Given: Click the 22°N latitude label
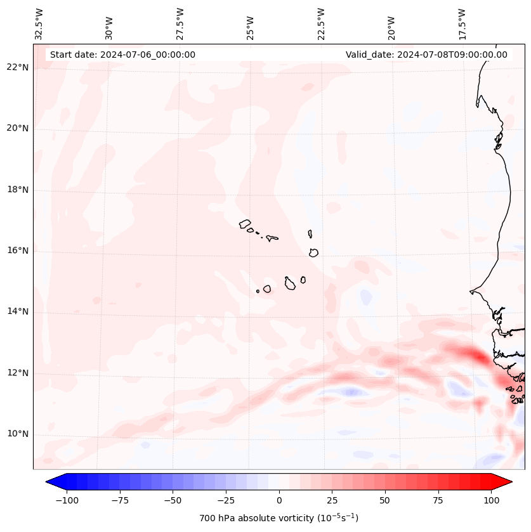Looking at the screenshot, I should coord(17,67).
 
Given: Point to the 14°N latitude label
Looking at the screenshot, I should coord(17,311).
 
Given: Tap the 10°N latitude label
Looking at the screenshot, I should coord(17,434).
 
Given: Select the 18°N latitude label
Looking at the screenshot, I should coord(17,190).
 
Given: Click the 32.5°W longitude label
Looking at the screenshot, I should coord(39,23).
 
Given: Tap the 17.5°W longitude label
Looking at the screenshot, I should coord(462,23).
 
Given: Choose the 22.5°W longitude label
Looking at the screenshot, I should coord(321,23).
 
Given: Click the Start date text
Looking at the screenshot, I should coord(122,55).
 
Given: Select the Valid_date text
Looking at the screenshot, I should coord(426,55).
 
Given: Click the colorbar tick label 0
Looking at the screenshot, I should coord(279,500).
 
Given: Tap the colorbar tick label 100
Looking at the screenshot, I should coord(490,500).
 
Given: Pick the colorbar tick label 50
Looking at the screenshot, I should coord(384,500).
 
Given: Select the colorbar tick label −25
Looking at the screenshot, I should coord(226,500).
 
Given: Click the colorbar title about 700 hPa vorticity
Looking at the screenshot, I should coord(279,518).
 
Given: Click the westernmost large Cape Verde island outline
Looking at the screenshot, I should coord(245,224).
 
